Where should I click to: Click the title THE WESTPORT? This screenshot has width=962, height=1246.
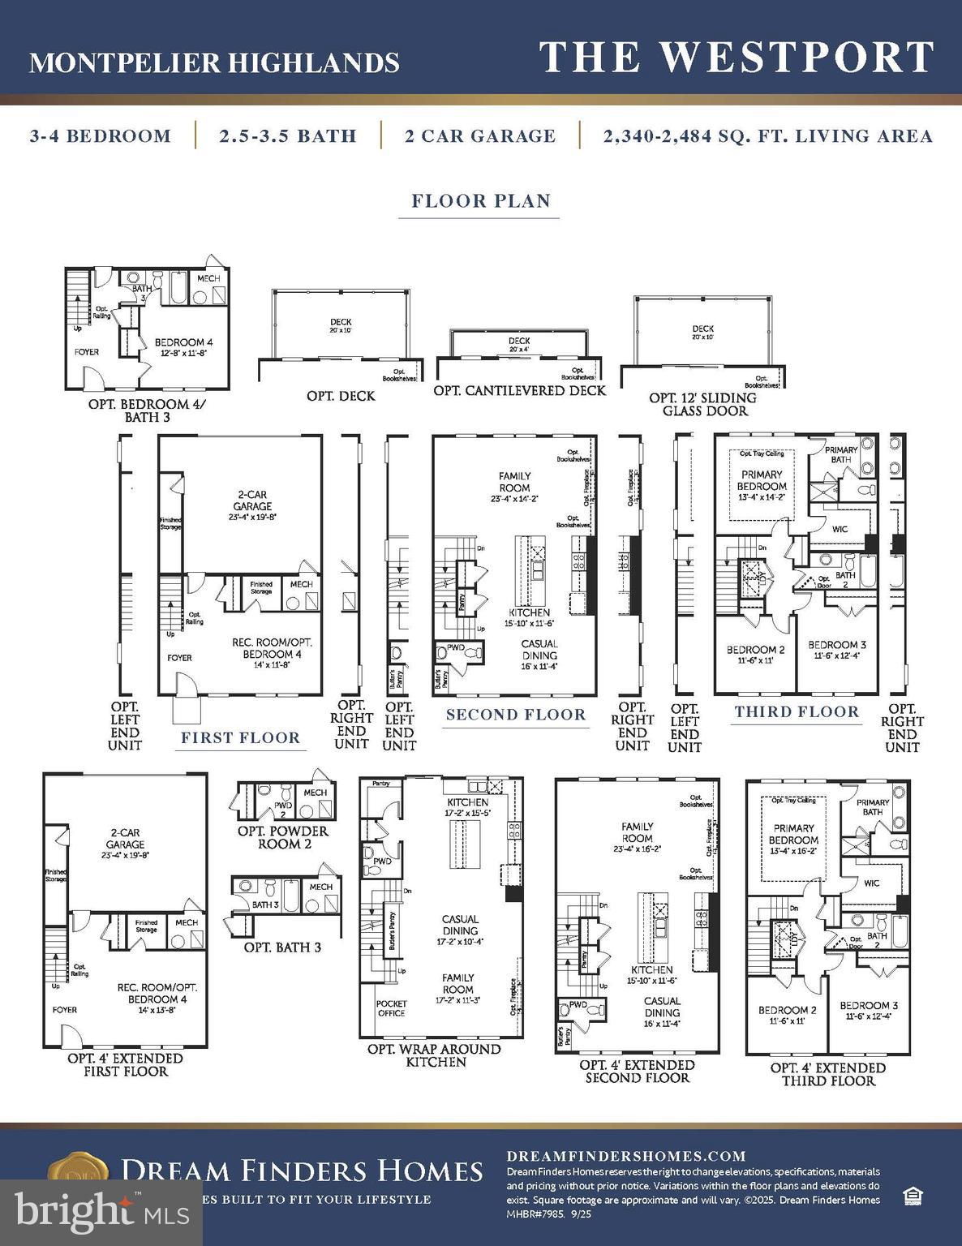[737, 57]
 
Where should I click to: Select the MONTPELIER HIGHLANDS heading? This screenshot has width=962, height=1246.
[214, 62]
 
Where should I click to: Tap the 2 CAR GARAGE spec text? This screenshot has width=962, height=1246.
[480, 135]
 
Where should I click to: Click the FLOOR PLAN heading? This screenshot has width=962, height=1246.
[481, 200]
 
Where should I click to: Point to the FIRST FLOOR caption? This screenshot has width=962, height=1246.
[240, 737]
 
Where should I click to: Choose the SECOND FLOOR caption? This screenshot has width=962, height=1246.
[516, 715]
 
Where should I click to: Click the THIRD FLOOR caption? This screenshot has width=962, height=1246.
[797, 711]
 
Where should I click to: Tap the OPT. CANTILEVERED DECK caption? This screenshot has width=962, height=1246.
[519, 390]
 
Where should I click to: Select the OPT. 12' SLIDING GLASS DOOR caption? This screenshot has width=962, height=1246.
[702, 404]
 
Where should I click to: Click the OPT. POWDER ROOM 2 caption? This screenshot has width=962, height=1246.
[282, 837]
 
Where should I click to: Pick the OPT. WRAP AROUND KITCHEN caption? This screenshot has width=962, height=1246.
[436, 1055]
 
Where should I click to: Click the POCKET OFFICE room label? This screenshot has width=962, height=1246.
[391, 1008]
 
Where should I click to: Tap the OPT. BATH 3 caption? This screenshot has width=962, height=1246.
[282, 947]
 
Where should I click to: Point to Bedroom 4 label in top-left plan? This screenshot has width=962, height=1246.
[184, 347]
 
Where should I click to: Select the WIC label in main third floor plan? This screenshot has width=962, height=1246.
[840, 529]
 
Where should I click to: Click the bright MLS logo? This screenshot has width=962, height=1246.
[101, 1211]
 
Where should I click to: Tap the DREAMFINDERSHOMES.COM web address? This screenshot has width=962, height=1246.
[625, 1156]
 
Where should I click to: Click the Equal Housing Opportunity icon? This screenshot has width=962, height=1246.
[913, 1196]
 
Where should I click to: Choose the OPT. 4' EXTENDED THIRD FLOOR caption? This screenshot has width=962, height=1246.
[827, 1074]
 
